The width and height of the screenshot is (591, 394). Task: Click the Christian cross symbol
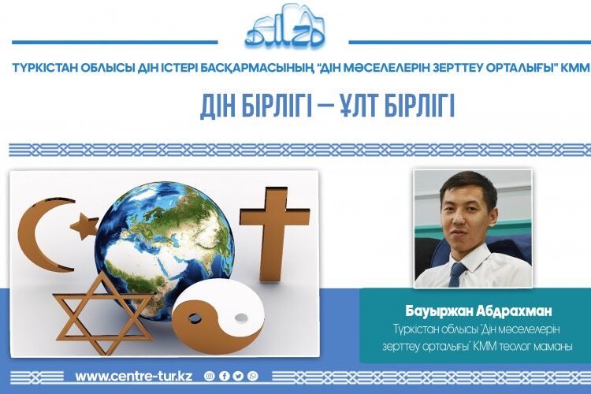click(x=273, y=232)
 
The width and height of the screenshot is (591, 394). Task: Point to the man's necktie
click(x=457, y=274)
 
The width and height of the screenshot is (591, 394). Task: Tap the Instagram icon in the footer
click(x=209, y=376)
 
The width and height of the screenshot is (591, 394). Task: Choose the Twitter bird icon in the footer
click(x=238, y=376)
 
